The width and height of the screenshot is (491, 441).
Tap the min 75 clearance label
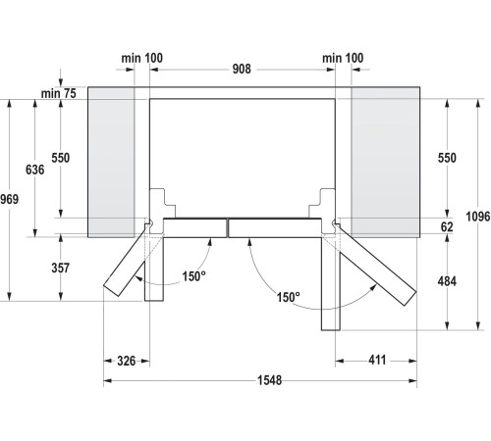point(59,93)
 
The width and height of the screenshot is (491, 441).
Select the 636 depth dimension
point(34,170)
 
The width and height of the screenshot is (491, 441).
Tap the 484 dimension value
point(447,282)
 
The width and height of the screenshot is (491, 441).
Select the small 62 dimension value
point(448,226)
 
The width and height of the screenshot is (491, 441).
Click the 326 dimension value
point(125,362)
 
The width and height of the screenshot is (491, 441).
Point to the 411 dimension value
point(377,362)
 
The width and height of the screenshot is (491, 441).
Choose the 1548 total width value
point(258,381)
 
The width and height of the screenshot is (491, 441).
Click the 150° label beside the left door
point(193,276)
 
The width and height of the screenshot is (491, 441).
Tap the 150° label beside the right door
point(288,297)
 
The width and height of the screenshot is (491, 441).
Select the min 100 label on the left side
point(142,59)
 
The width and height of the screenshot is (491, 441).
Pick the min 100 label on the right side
point(343,59)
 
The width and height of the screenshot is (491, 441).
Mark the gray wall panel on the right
point(384,162)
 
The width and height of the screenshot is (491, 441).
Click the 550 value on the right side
point(447,158)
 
